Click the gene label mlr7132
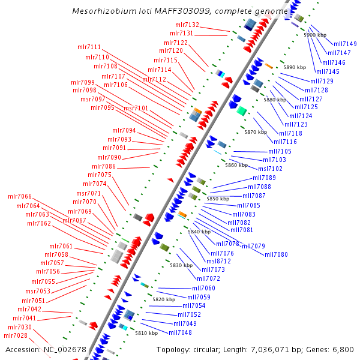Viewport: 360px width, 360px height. click(x=187, y=25)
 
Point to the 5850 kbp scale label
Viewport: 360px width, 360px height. click(x=218, y=198)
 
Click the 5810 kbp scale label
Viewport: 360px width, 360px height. click(x=146, y=332)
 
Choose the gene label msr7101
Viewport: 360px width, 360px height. click(x=136, y=108)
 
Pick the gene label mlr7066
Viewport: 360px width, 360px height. click(x=20, y=196)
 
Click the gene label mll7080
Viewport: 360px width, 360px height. click(x=277, y=254)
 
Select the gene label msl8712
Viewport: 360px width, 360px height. click(x=219, y=261)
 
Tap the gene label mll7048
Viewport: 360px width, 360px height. click(x=180, y=332)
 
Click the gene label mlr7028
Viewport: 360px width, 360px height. click(x=16, y=335)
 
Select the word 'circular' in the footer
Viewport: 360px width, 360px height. click(x=212, y=349)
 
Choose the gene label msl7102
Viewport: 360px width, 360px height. click(x=270, y=169)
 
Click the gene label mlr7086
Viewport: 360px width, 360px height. click(x=104, y=166)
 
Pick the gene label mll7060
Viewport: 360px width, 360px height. click(x=203, y=288)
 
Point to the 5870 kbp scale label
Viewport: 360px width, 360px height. click(x=255, y=132)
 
